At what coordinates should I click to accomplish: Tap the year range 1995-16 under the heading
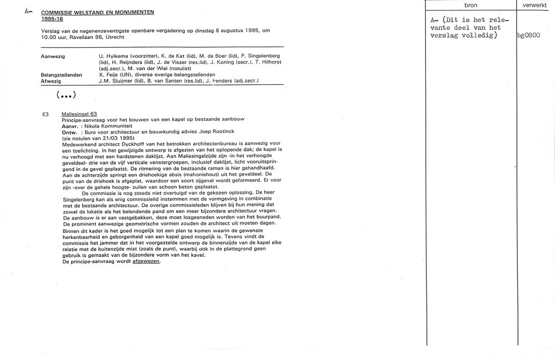tap(53, 18)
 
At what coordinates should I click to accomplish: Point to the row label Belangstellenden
tap(62, 74)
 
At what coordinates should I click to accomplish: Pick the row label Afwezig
tap(52, 81)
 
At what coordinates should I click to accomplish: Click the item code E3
tap(46, 114)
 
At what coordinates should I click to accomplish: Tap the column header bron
tap(470, 5)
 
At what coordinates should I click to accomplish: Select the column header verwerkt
tap(535, 5)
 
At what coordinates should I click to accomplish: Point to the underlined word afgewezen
tap(146, 261)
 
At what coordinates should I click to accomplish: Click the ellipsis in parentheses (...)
tap(65, 94)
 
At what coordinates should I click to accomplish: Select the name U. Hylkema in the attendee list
tap(113, 57)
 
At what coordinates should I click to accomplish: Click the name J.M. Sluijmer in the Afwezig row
tap(117, 81)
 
